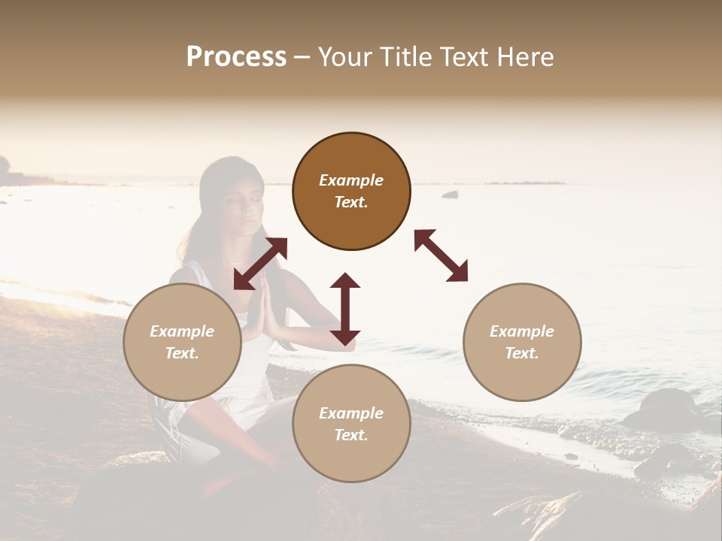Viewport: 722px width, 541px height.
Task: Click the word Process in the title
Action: pos(236,57)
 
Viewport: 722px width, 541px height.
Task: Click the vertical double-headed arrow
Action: pos(345,309)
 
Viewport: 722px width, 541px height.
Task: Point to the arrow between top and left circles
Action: pos(260,263)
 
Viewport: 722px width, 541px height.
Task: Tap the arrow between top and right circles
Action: pos(441,255)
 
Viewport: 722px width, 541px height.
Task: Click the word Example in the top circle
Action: pos(351,180)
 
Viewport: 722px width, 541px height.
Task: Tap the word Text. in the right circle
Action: pos(522,353)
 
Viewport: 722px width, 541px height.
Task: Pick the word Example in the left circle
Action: pos(182,331)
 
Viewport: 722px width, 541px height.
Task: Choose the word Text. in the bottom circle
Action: pos(351,435)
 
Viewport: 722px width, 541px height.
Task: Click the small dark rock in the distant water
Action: pos(450,195)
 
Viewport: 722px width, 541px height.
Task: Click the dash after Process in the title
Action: pos(302,57)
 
